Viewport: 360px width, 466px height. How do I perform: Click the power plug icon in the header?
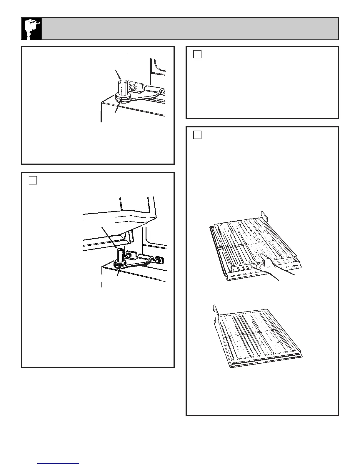pos(31,28)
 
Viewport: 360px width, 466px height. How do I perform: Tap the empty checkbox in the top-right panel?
pos(197,54)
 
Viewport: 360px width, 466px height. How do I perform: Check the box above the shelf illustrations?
pos(197,135)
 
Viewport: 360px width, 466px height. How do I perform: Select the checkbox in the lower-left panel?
pos(33,180)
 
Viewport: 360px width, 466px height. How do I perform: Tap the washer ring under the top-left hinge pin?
pos(121,98)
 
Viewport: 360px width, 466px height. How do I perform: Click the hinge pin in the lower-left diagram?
pos(120,254)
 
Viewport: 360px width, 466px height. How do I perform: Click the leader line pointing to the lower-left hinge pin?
pos(109,237)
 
